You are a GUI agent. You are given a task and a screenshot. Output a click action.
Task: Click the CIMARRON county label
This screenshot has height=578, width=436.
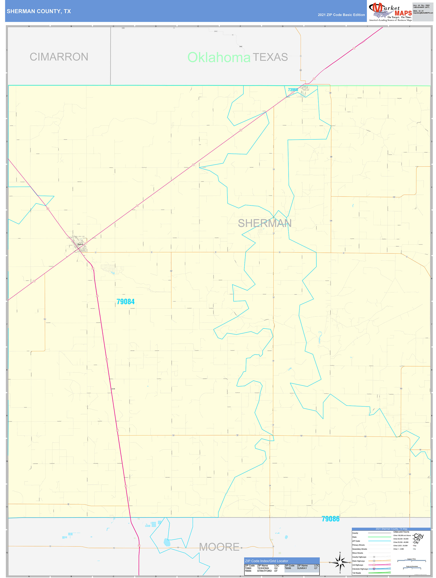coord(59,57)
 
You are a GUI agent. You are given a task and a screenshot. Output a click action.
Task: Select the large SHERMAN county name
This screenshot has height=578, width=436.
coord(265,223)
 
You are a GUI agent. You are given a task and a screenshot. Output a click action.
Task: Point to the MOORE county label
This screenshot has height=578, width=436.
coord(219,547)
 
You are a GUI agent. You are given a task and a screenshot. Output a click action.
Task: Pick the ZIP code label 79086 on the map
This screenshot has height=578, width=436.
coord(330,519)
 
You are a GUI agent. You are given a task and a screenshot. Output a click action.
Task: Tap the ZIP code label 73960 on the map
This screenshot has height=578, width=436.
coord(293,90)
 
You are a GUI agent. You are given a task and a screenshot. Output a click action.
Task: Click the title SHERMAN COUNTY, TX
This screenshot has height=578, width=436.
coord(39,11)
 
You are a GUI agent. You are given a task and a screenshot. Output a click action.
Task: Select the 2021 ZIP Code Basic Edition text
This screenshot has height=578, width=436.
coord(341,15)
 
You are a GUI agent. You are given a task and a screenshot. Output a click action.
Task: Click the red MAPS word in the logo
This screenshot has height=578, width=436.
coord(403,13)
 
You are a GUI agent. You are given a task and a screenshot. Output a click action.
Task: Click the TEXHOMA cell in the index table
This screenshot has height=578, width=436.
coord(263,568)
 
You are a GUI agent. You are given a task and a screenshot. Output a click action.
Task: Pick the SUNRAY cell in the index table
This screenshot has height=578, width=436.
coord(302,568)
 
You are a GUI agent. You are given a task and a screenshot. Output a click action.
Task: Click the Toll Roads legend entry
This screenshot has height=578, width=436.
coord(357,573)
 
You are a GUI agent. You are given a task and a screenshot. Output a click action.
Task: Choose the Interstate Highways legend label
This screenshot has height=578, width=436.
coord(360,569)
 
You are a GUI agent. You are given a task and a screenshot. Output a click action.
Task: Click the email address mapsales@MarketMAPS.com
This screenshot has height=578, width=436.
coord(423,13)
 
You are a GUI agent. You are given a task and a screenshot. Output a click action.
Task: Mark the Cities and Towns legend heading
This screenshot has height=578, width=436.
coord(401,532)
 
